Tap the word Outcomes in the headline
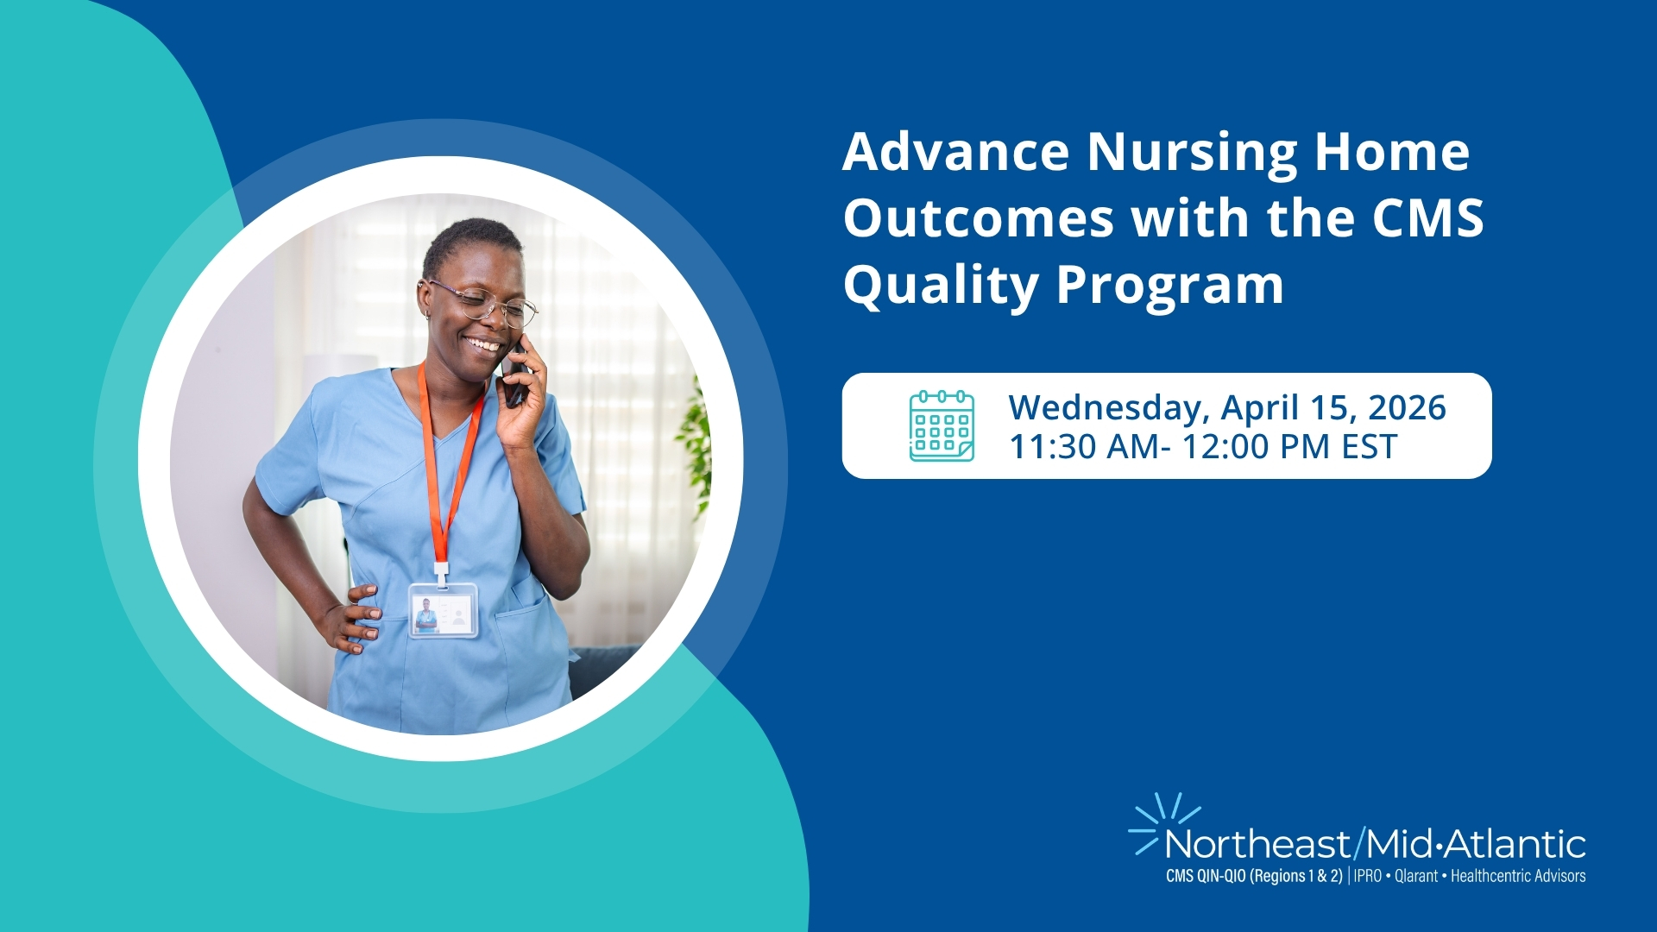(979, 218)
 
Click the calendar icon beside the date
(942, 425)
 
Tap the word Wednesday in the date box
(1108, 408)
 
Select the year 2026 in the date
(1407, 407)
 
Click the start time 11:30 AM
(1085, 447)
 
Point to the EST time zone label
(1369, 447)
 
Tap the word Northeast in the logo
(1257, 844)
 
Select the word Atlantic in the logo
(1516, 844)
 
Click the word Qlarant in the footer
(1416, 876)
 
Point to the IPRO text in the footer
(1368, 876)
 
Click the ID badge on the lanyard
(443, 610)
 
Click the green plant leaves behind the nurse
(695, 449)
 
